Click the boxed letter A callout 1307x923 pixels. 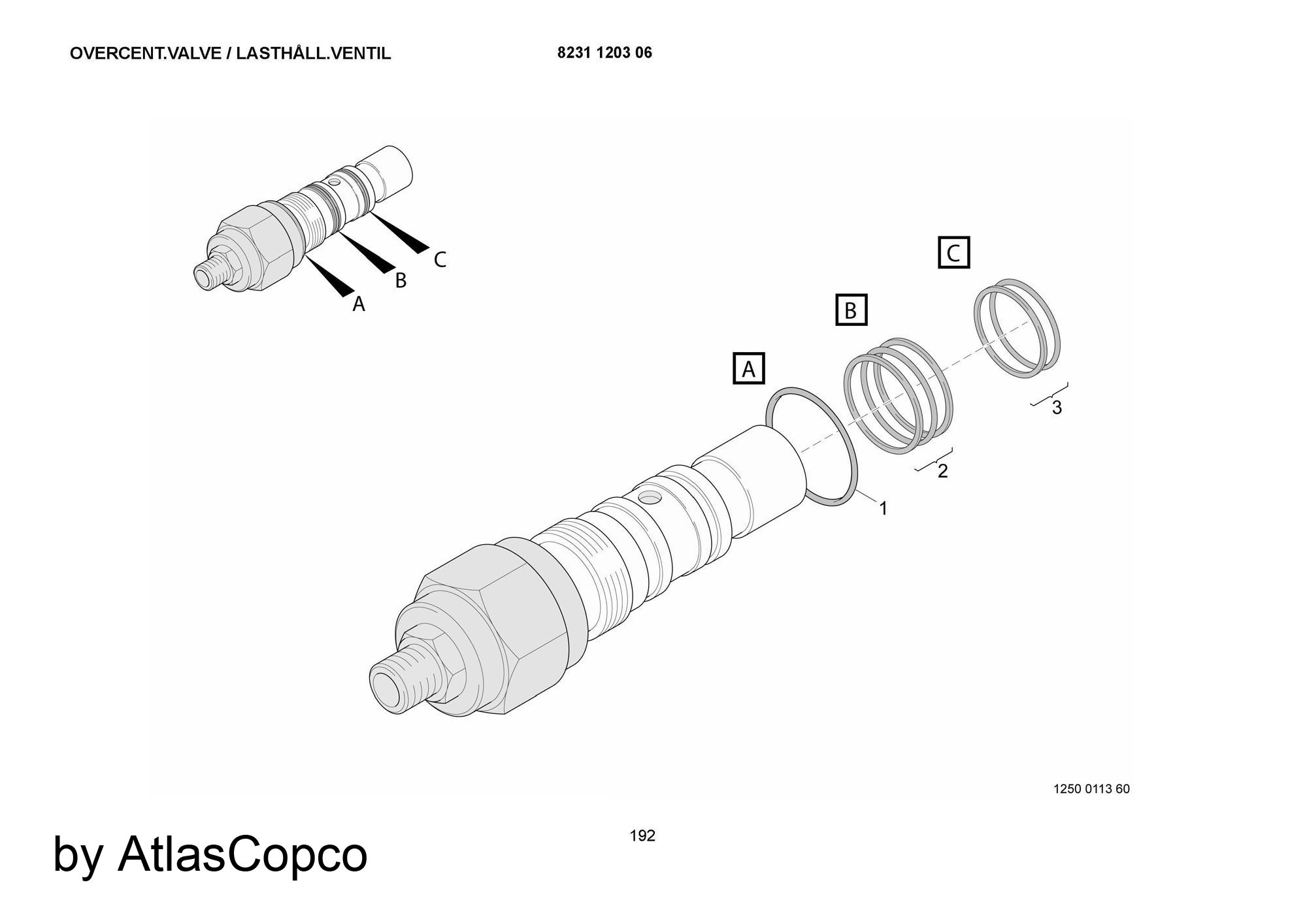pyautogui.click(x=749, y=369)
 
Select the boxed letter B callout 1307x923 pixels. pyautogui.click(x=851, y=310)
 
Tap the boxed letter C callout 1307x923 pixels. pyautogui.click(x=953, y=252)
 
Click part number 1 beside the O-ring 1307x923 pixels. pyautogui.click(x=884, y=508)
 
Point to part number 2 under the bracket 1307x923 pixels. pyautogui.click(x=942, y=471)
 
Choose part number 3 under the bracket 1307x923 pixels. pyautogui.click(x=1057, y=408)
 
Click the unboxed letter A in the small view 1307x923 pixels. pyautogui.click(x=359, y=304)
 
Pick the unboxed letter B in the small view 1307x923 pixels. pyautogui.click(x=401, y=280)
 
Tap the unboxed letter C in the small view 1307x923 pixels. pyautogui.click(x=440, y=260)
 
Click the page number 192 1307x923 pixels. pyautogui.click(x=642, y=835)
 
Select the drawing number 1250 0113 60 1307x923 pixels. pyautogui.click(x=1091, y=789)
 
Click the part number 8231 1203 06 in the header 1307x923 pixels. pyautogui.click(x=604, y=53)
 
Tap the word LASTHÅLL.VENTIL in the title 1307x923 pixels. pyautogui.click(x=314, y=54)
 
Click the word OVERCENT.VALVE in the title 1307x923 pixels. pyautogui.click(x=146, y=54)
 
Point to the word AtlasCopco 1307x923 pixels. pyautogui.click(x=242, y=854)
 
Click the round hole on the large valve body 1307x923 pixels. pyautogui.click(x=650, y=499)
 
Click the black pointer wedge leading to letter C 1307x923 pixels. pyautogui.click(x=398, y=233)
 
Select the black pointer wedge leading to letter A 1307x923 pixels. pyautogui.click(x=329, y=276)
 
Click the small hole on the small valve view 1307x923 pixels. pyautogui.click(x=335, y=182)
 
